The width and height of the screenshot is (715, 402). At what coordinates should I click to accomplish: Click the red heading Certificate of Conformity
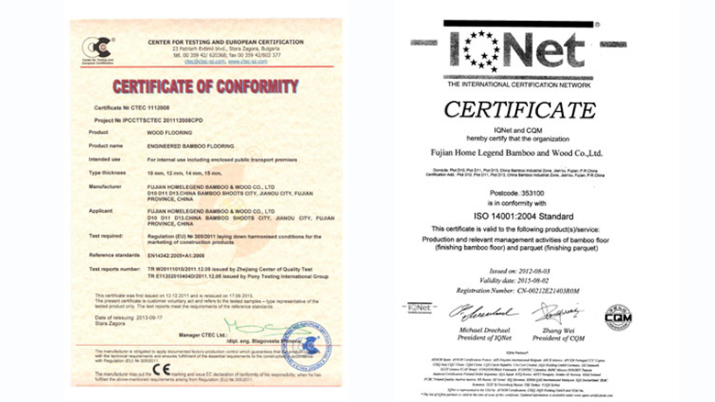point(205,87)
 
